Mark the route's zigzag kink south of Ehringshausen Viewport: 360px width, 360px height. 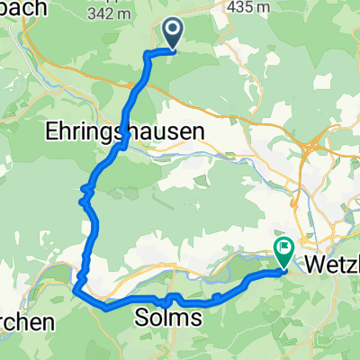tap(86, 193)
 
